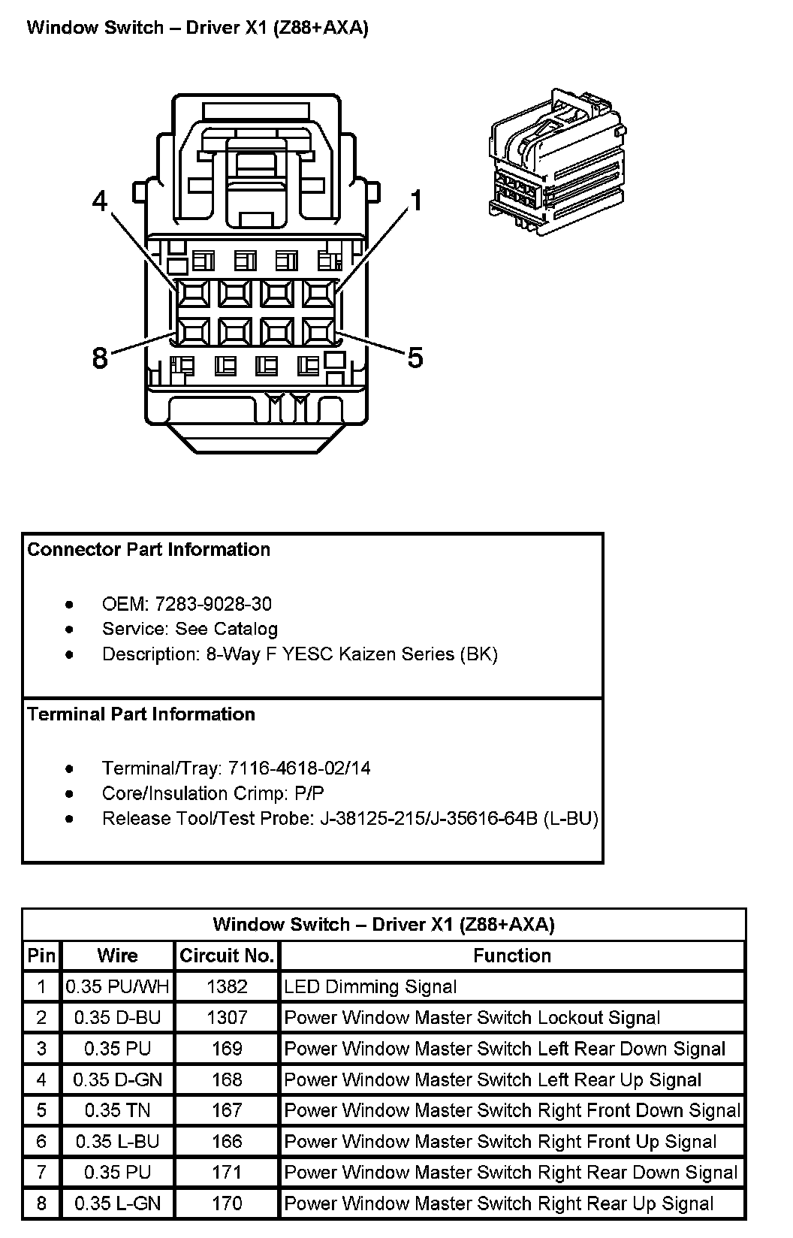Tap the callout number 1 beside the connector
[417, 200]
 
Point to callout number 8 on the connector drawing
[99, 358]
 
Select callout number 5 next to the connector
[415, 357]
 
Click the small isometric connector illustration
[556, 162]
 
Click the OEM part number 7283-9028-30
[213, 604]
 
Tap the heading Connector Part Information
[149, 549]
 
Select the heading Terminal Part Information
[141, 714]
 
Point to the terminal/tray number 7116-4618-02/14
[300, 768]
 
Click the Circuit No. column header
[227, 956]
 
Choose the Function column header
[512, 956]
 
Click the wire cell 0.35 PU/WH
[117, 986]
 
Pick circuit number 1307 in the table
[227, 1017]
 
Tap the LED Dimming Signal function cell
[370, 986]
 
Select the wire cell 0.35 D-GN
[118, 1079]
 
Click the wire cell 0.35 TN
[117, 1110]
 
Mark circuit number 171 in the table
[227, 1172]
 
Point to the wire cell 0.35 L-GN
[118, 1203]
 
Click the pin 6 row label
[41, 1141]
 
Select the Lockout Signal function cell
[472, 1017]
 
